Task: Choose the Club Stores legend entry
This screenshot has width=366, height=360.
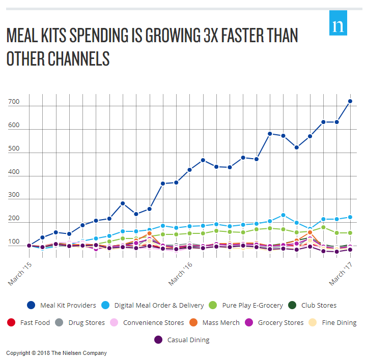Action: coord(312,306)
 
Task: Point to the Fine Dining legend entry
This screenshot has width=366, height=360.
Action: coord(334,322)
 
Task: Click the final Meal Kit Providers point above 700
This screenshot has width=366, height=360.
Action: coord(350,102)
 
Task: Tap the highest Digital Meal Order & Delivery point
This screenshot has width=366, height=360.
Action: coord(283,215)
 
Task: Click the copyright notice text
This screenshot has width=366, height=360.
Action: coord(57,353)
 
